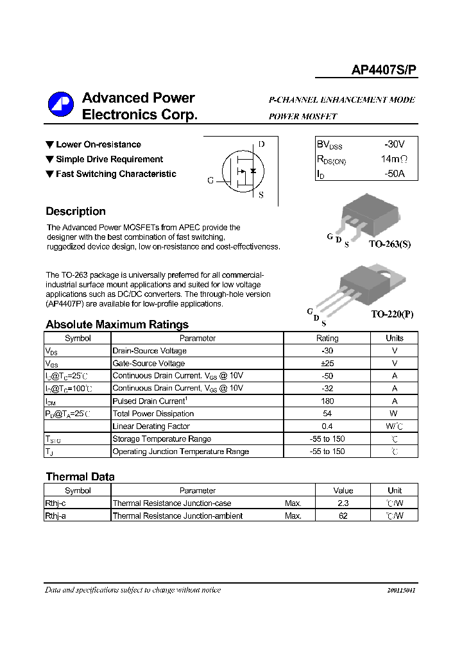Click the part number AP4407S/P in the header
coord(384,72)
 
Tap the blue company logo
coord(62,106)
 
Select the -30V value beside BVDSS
coord(394,145)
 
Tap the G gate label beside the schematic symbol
coord(210,181)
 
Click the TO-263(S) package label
coord(389,244)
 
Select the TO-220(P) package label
coord(392,314)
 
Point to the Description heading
coord(76,212)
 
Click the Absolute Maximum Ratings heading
coord(117,324)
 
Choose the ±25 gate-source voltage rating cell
coord(327,363)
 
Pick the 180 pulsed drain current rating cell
coord(327,401)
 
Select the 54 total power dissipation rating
coord(327,414)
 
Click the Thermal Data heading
coord(80,476)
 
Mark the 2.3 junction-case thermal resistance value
coord(343,503)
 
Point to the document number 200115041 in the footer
coord(401,590)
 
